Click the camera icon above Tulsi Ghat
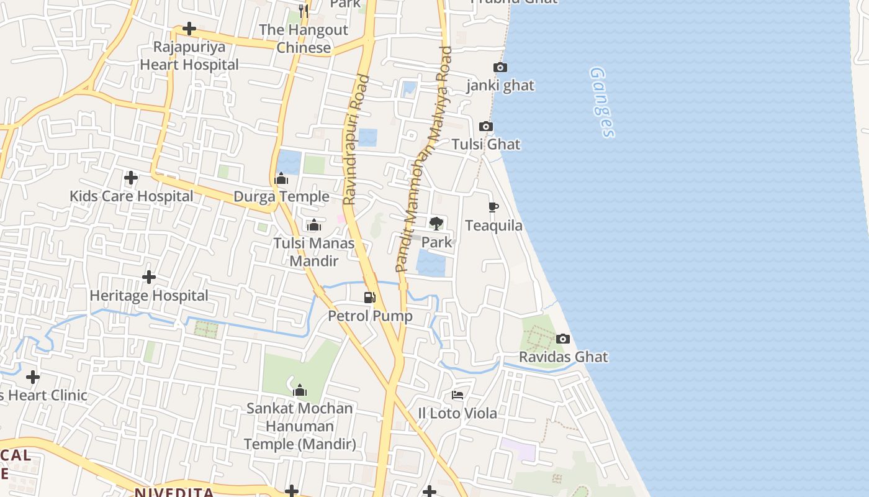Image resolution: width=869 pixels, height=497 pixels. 486,127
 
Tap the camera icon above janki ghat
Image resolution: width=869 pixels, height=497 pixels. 500,68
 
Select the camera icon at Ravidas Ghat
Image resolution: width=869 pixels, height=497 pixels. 563,339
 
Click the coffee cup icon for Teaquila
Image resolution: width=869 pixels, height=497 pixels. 493,207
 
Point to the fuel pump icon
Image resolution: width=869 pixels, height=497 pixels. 370,298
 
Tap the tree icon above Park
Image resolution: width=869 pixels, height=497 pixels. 436,224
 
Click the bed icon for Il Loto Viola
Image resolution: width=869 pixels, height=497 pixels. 457,395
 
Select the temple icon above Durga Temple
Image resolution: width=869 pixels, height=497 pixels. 281,180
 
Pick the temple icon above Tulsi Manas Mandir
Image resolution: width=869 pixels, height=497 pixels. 314,225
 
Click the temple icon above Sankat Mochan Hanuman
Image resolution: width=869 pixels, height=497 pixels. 300,390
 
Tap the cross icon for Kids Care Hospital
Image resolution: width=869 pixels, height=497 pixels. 131,178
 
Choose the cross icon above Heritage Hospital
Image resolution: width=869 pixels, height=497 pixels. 149,277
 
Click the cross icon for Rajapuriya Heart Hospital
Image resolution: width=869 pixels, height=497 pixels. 189,29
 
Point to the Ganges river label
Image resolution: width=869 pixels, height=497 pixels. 602,103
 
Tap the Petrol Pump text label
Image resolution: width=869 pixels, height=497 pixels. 370,316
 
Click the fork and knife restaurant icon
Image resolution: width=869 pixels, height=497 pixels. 304,11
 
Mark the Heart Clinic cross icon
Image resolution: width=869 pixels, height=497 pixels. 33,377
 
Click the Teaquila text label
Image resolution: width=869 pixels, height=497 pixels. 493,226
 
